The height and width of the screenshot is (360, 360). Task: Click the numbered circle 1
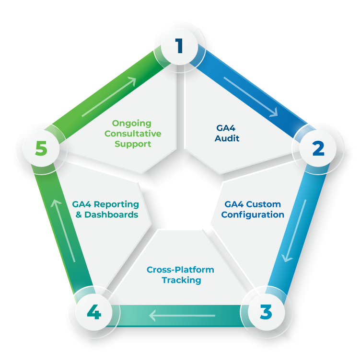point(179,46)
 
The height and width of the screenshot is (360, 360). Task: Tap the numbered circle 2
point(318,149)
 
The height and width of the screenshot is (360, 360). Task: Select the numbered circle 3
point(265,312)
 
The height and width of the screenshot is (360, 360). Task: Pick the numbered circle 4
point(94,314)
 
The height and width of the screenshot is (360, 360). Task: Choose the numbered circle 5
point(41,149)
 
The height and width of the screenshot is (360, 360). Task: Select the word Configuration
point(253,214)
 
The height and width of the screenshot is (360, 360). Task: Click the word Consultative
point(133,134)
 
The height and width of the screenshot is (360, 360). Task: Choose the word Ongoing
point(132,124)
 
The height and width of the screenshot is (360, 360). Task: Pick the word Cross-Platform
point(180,270)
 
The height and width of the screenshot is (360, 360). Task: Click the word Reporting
point(118,204)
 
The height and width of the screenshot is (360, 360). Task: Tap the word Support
point(133,144)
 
